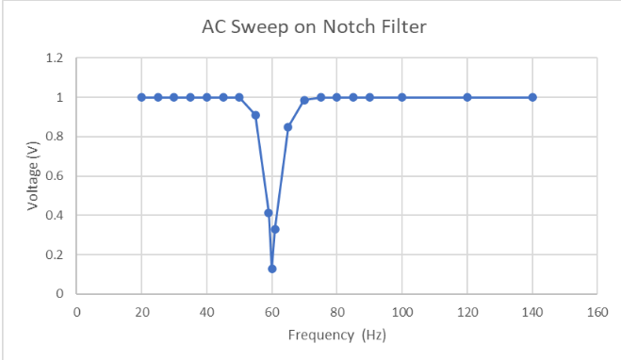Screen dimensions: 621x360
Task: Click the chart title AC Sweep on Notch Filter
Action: pos(314,27)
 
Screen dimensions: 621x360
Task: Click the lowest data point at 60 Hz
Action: pos(272,269)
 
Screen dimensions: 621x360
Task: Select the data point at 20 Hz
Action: pos(141,97)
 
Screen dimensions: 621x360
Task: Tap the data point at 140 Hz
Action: pos(532,97)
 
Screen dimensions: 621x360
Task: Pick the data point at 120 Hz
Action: pos(467,97)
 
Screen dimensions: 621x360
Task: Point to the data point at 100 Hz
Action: pos(402,97)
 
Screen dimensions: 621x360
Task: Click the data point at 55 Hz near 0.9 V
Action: pos(255,115)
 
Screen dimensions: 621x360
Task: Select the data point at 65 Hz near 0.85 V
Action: pos(288,127)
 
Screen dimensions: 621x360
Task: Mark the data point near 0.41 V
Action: pos(269,213)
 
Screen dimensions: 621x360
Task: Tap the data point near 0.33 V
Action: pos(275,229)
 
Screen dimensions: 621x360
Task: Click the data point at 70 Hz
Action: pos(304,100)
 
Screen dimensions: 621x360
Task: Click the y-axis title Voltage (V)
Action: pos(33,176)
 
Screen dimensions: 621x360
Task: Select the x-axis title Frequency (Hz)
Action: pos(337,335)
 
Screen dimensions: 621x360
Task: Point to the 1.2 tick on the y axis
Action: pos(55,58)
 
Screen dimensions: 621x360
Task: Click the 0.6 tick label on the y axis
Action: pos(55,176)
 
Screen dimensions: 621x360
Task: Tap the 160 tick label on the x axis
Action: pos(597,313)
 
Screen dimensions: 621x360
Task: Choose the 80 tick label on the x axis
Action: pos(337,313)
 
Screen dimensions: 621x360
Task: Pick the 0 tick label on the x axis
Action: pos(77,313)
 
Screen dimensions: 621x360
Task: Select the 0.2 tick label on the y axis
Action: pos(55,254)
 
